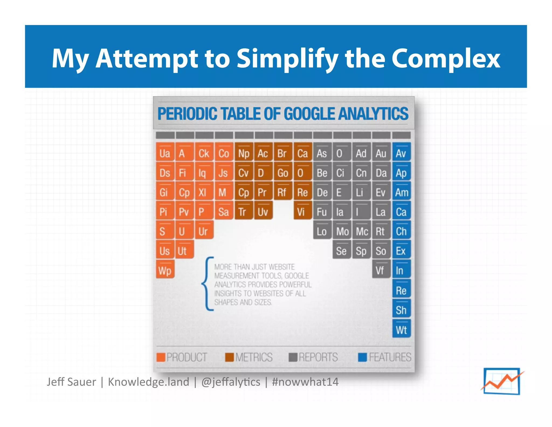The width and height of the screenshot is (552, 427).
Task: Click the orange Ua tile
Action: (x=165, y=153)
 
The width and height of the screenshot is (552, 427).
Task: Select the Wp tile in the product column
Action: (x=165, y=270)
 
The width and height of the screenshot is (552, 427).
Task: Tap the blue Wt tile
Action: (x=401, y=329)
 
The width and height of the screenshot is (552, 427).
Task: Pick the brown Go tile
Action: (x=283, y=172)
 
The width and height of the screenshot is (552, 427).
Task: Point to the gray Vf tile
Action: (x=381, y=270)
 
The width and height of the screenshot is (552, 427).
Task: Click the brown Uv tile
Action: (x=263, y=211)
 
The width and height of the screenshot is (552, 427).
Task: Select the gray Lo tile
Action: (x=322, y=231)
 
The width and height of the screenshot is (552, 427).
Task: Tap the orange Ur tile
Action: (x=204, y=231)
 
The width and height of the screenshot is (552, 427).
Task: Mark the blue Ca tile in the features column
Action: (x=401, y=211)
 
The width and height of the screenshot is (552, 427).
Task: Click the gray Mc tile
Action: (x=361, y=231)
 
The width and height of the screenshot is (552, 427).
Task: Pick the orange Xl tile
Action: (x=204, y=192)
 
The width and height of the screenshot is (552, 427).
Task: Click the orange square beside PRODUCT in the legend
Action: (x=161, y=357)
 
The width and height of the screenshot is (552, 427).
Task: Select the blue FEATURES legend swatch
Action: (x=362, y=357)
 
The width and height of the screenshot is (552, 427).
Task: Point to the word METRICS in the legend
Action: (x=254, y=357)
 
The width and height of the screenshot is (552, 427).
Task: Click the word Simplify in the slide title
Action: (x=287, y=58)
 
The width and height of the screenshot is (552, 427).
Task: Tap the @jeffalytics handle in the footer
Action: (x=231, y=382)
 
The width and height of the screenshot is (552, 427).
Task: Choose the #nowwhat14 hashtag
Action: (x=305, y=382)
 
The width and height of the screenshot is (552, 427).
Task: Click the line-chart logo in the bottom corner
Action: (x=502, y=381)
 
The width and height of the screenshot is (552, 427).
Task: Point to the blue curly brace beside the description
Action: (x=207, y=283)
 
